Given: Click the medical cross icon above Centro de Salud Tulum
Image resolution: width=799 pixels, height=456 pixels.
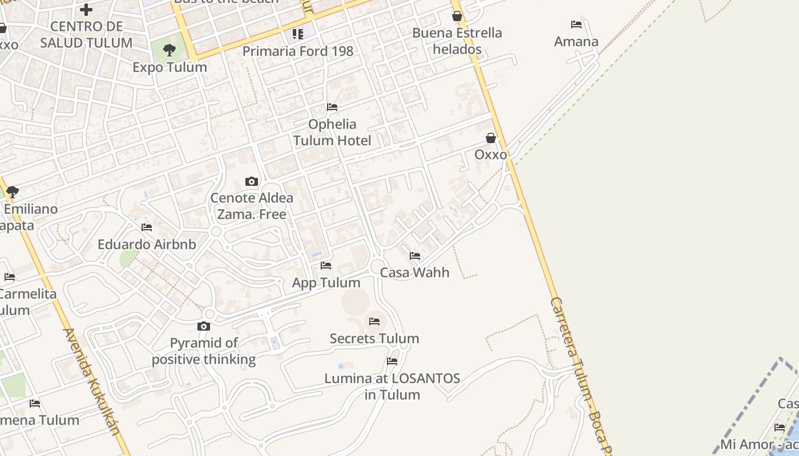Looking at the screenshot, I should click(x=86, y=9).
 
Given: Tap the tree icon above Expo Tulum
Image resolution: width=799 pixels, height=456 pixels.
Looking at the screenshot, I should click(x=170, y=50).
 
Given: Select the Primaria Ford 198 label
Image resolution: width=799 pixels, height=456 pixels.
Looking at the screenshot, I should click(x=298, y=51).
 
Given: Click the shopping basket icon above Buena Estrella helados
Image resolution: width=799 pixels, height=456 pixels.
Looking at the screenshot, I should click(x=457, y=16).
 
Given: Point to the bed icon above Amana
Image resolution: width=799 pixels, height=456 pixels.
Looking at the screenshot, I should click(x=576, y=25).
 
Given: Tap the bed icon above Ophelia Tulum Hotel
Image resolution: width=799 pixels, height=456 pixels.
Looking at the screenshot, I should click(x=332, y=107).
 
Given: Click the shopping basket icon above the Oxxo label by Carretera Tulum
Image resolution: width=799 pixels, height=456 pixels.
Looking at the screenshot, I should click(x=491, y=138).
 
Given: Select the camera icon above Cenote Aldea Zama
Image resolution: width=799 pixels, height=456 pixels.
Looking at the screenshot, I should click(x=252, y=181).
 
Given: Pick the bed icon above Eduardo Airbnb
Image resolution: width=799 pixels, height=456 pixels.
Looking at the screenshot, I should click(x=147, y=227).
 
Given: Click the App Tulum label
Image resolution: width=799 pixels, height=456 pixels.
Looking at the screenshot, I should click(x=326, y=283).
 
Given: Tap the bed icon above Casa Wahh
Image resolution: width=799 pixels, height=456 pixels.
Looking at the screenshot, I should click(x=415, y=256).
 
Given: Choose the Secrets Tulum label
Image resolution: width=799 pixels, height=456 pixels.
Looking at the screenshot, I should click(x=374, y=339).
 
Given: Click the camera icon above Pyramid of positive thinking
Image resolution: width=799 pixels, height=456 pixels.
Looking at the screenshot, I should click(x=204, y=327).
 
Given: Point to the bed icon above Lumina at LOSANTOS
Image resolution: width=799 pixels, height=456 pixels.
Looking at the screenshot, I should click(x=392, y=361).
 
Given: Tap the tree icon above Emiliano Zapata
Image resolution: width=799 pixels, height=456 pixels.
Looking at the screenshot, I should click(x=12, y=192).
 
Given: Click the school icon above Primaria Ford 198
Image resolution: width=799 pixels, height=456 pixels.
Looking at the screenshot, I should click(x=298, y=34).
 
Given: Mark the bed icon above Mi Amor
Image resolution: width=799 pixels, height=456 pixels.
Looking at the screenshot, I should click(x=780, y=427).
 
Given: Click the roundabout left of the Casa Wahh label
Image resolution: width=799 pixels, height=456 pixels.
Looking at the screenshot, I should click(x=377, y=266).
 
